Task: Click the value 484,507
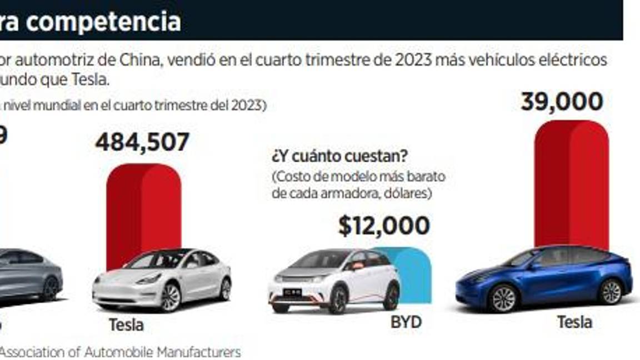(x=142, y=142)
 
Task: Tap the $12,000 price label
(x=384, y=226)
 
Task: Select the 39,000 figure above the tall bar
(x=562, y=102)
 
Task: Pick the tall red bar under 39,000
(x=571, y=183)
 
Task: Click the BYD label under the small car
(x=406, y=322)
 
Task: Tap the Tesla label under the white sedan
(x=126, y=324)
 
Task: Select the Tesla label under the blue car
(x=574, y=322)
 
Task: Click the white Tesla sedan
(x=161, y=281)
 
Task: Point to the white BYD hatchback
(x=333, y=281)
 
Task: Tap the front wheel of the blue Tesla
(x=503, y=298)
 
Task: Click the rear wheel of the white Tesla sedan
(x=224, y=289)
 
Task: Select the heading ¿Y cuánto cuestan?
(x=339, y=156)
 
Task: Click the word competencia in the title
(x=123, y=22)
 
